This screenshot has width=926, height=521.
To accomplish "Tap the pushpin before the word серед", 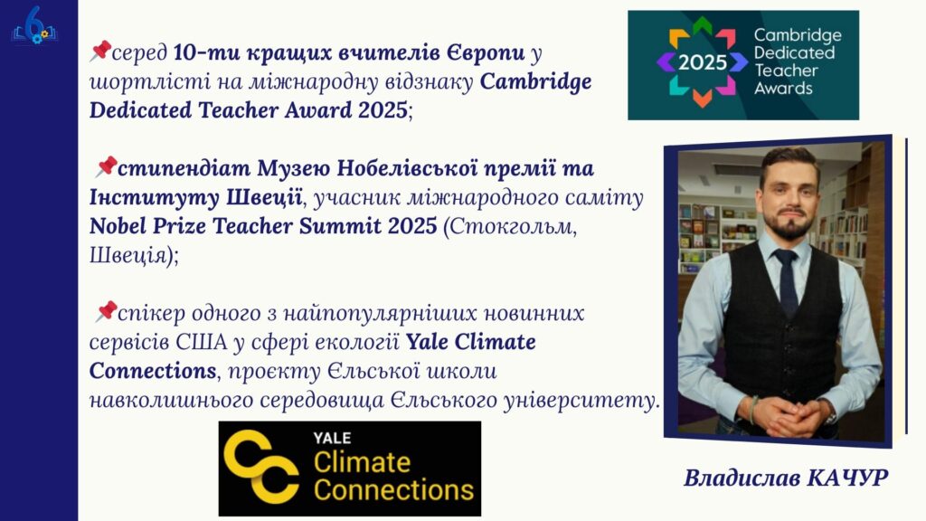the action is pyautogui.click(x=100, y=51).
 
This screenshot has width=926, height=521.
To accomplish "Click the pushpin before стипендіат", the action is pyautogui.click(x=106, y=166).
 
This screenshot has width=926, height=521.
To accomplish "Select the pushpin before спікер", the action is pyautogui.click(x=106, y=311).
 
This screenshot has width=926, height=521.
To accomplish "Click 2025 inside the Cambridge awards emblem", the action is pyautogui.click(x=702, y=62).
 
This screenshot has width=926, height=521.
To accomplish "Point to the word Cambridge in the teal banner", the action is pyautogui.click(x=798, y=35).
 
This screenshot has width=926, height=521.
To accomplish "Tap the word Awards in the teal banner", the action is pyautogui.click(x=783, y=88).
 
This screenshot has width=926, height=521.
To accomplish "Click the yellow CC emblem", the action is pyautogui.click(x=260, y=467).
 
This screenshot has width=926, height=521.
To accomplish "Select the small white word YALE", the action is pyautogui.click(x=332, y=438).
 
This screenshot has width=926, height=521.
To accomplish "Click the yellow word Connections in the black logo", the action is pyautogui.click(x=393, y=490).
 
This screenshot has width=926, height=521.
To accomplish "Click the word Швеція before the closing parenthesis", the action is pyautogui.click(x=127, y=255).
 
